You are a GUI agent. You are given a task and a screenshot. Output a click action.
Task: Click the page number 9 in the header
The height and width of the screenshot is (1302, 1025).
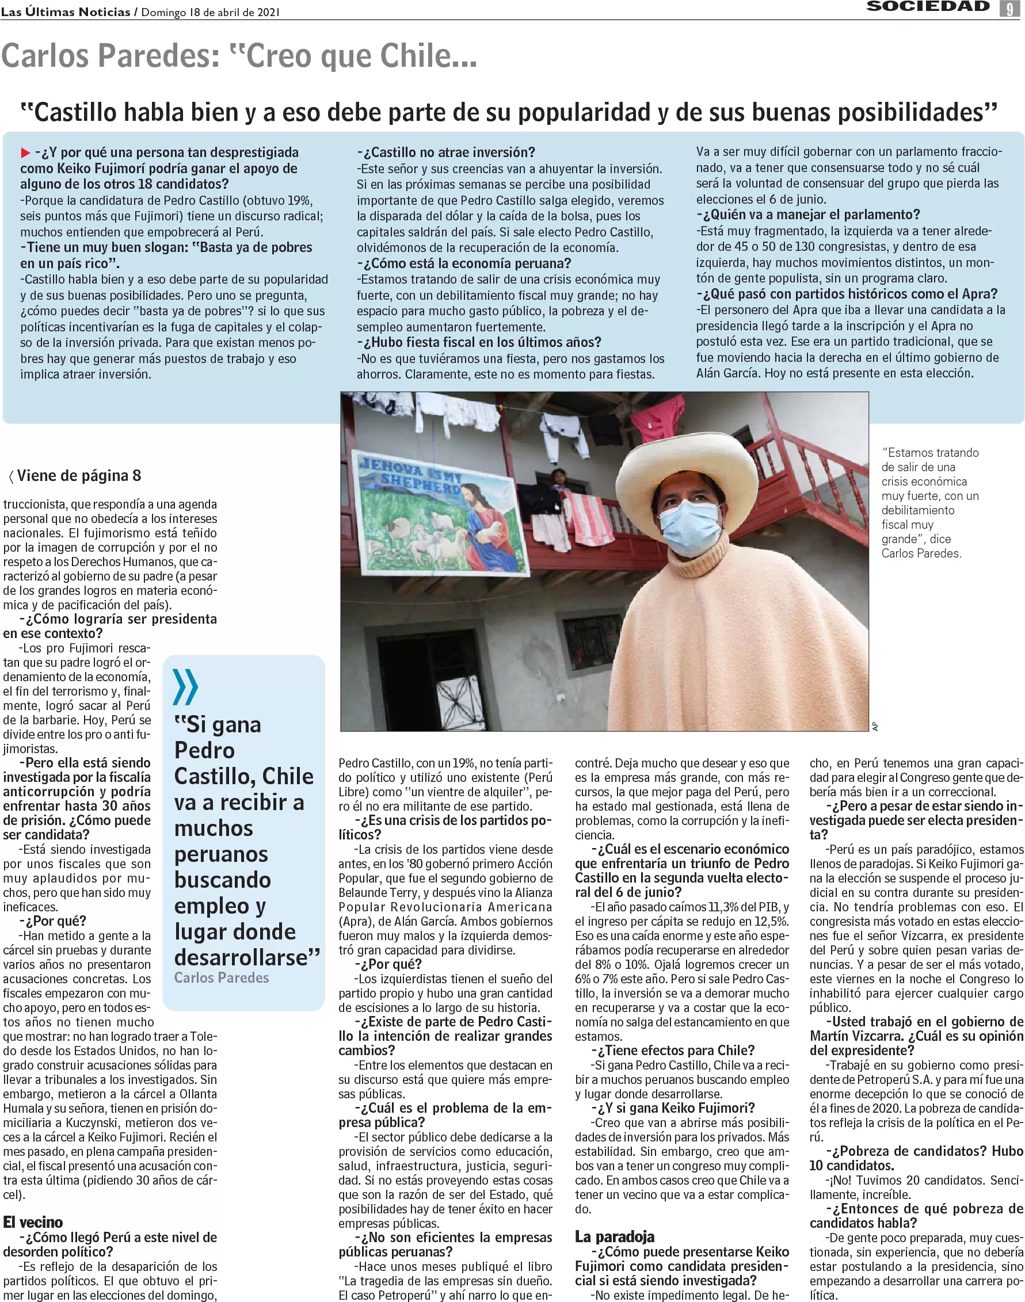[1009, 9]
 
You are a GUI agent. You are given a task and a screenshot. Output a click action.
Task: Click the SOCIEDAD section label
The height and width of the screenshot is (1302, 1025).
[928, 6]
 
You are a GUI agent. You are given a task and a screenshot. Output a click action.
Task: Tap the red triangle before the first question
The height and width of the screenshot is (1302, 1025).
[25, 152]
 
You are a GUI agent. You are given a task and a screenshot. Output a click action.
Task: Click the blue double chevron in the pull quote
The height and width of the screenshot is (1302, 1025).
[185, 686]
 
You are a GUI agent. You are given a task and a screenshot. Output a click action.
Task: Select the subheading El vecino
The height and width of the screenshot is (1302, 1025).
[33, 1221]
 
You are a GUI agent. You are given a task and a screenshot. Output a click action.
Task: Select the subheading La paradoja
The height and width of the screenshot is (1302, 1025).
[615, 1236]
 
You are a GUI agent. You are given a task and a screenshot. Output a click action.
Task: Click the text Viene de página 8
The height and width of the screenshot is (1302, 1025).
[78, 476]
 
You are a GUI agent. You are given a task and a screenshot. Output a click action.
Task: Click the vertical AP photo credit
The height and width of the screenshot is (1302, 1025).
[875, 727]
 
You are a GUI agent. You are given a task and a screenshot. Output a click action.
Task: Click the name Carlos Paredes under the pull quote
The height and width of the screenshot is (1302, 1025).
[222, 978]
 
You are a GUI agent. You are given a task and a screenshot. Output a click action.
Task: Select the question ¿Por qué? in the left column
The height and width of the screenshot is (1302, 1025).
[53, 921]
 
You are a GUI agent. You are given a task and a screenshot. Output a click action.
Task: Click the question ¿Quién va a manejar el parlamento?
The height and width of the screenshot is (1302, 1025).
[808, 215]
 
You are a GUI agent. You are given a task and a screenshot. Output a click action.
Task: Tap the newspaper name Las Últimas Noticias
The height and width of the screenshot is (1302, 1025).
[66, 12]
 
